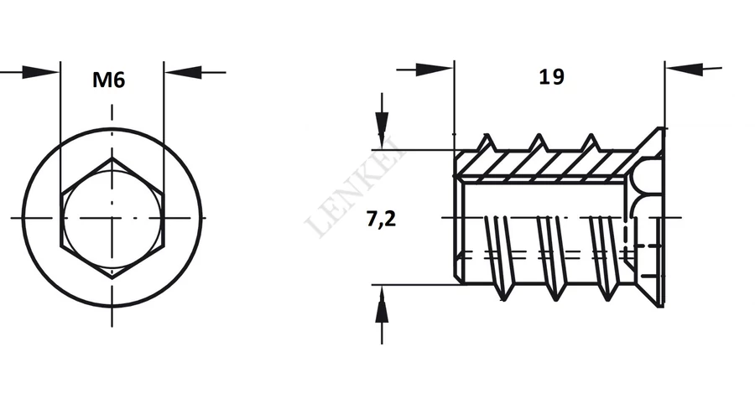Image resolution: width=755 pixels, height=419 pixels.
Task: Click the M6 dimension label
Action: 109,80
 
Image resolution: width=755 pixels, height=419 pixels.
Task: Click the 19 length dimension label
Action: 551,76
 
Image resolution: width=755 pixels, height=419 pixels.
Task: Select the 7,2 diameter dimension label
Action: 381,219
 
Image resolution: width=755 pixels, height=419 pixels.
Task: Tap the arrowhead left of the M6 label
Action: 40,73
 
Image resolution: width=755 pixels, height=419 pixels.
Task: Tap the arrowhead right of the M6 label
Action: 183,72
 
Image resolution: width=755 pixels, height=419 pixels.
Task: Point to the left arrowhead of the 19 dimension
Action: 435,70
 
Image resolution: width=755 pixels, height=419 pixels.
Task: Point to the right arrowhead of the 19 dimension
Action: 685,70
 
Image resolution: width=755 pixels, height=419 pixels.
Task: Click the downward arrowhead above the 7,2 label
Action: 382,131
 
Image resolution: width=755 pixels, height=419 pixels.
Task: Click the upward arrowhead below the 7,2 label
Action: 382,304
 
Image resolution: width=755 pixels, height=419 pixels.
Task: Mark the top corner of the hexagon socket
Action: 112,158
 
